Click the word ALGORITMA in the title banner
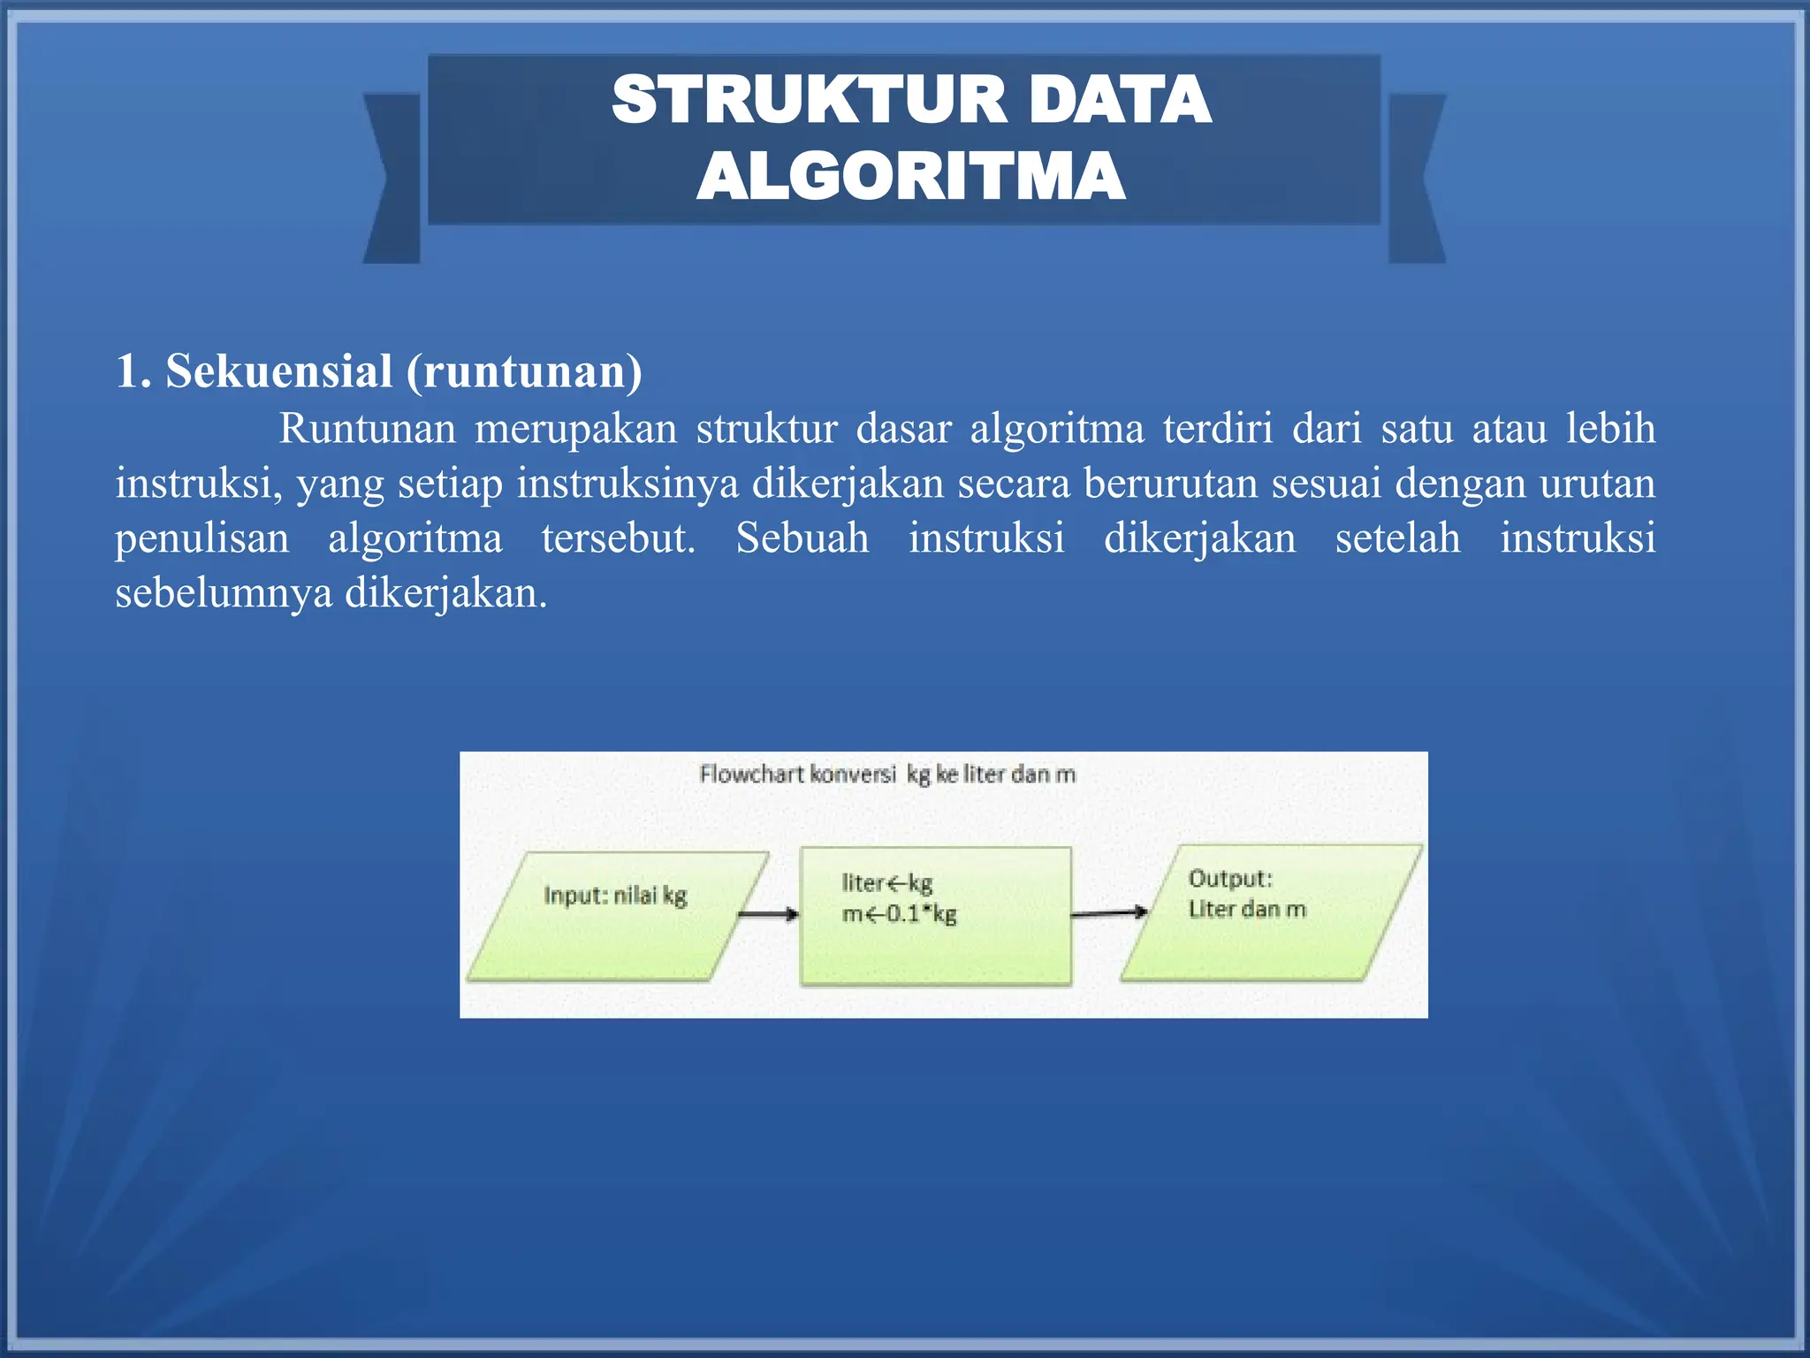[x=910, y=177]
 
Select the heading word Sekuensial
[x=279, y=371]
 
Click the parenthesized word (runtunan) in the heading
[x=524, y=371]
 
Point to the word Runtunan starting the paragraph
[x=367, y=430]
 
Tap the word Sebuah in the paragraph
[x=802, y=538]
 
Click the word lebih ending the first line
[x=1610, y=430]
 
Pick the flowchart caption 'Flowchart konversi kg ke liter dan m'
[x=887, y=774]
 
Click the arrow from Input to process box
[x=767, y=914]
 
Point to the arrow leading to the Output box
[x=1109, y=912]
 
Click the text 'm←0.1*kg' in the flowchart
[x=899, y=913]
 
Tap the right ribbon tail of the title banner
[x=1416, y=177]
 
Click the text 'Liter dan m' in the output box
[x=1246, y=909]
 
